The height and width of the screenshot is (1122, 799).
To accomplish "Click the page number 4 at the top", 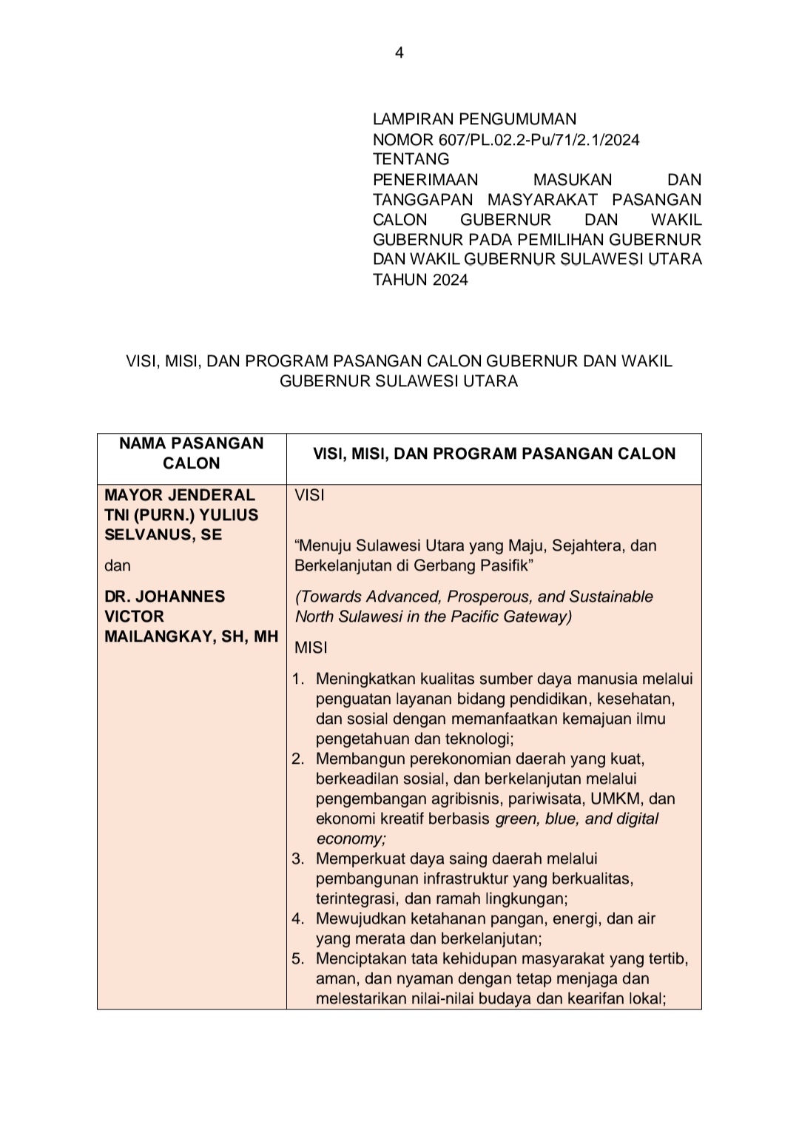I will click(x=399, y=53).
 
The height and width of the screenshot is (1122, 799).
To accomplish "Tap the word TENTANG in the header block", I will click(x=411, y=159).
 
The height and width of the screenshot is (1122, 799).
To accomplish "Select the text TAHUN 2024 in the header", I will click(x=420, y=280).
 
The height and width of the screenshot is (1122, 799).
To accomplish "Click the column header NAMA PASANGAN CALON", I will click(x=192, y=453).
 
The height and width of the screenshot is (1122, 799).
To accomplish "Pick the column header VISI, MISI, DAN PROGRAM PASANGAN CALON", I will click(x=494, y=454).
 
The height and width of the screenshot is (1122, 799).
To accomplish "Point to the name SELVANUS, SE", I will click(x=163, y=534).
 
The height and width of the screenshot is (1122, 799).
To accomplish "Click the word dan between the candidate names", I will click(x=118, y=565).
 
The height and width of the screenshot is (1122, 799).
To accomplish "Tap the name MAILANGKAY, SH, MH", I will click(x=191, y=636).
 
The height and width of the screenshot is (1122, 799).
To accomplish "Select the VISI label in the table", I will click(x=309, y=495).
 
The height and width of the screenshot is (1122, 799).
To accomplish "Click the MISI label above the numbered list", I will click(x=311, y=648).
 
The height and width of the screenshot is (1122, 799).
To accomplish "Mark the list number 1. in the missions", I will click(x=298, y=679).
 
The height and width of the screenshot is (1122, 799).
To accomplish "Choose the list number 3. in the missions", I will click(x=298, y=859).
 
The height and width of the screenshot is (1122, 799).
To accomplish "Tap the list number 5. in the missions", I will click(x=298, y=959).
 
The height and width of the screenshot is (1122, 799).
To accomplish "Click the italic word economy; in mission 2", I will click(x=351, y=839).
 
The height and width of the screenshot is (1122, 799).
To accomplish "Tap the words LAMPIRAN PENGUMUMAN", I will click(x=474, y=119).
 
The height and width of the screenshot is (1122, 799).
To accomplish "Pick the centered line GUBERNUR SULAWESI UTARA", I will click(x=399, y=382).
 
